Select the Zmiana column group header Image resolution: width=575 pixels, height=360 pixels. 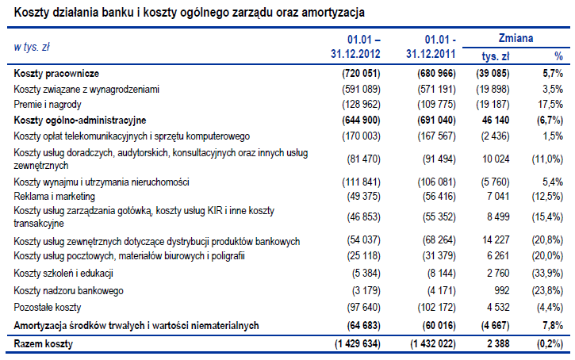(516, 38)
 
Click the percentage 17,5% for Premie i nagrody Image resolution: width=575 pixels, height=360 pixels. (551, 104)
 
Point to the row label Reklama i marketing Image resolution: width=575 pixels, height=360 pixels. (55, 196)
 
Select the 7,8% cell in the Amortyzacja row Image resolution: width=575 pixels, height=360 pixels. (554, 325)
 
